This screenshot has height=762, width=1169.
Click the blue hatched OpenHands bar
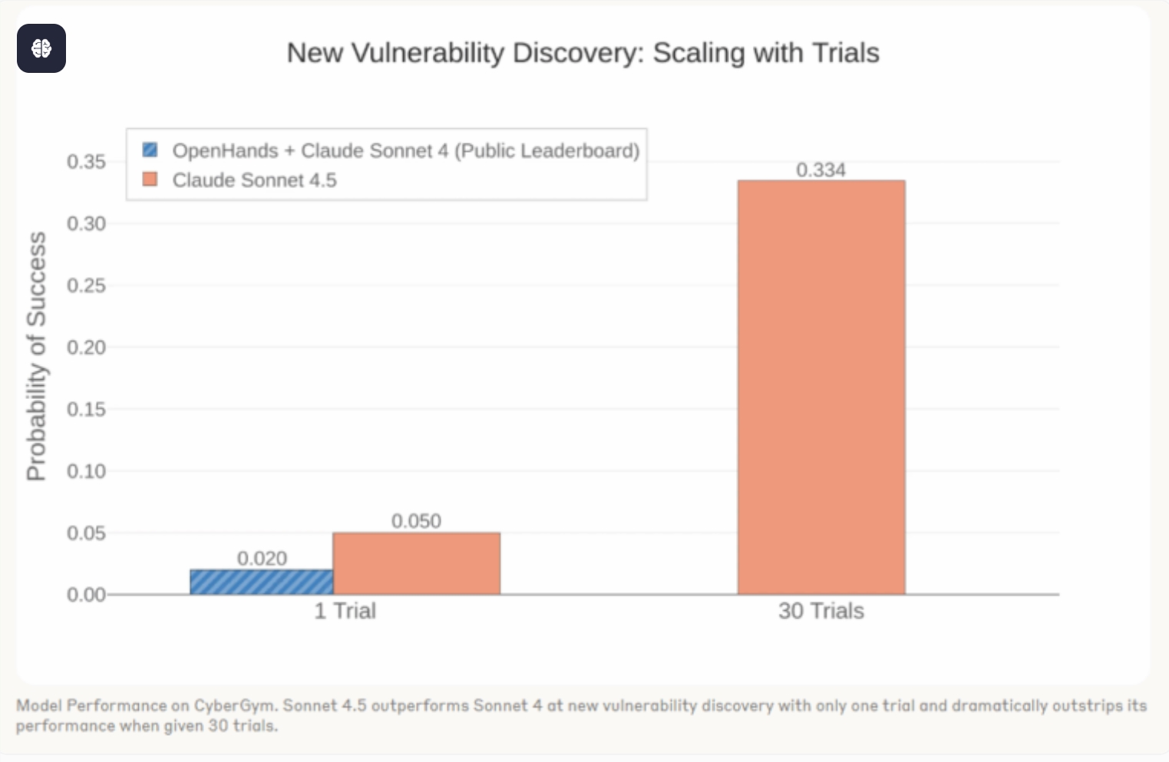click(262, 582)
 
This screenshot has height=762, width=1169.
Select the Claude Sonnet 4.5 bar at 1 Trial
click(416, 563)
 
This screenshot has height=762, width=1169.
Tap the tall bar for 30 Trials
click(821, 388)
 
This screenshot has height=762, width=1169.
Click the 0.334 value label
click(821, 170)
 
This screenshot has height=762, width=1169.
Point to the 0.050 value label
click(416, 521)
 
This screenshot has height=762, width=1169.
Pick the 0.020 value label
click(262, 558)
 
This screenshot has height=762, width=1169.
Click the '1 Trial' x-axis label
click(345, 611)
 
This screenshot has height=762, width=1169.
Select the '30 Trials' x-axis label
click(821, 611)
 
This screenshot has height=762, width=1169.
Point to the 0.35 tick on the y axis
click(86, 162)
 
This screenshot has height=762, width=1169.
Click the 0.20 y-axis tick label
click(86, 348)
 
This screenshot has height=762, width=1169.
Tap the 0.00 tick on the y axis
click(86, 595)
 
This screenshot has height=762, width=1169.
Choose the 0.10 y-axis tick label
click(86, 471)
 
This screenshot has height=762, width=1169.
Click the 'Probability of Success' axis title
click(36, 356)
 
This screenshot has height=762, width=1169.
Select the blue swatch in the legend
click(150, 150)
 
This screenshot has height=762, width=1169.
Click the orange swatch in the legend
click(150, 180)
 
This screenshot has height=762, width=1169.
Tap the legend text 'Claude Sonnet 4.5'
click(254, 180)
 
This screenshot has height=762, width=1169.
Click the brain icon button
click(41, 48)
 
